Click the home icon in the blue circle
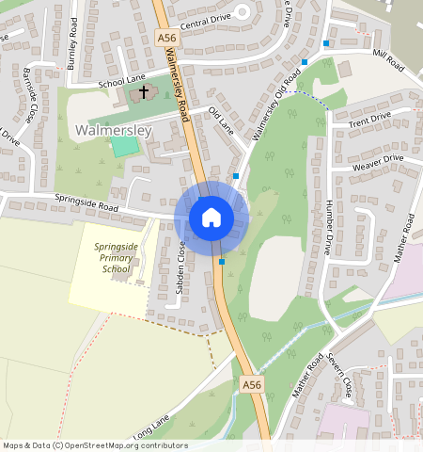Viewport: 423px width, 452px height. (211, 218)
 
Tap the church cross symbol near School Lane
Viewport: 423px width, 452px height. (144, 92)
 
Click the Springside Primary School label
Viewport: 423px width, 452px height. (116, 257)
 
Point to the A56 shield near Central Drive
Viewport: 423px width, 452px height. (167, 37)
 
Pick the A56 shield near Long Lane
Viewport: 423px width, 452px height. (250, 384)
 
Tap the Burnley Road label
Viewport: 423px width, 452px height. (70, 36)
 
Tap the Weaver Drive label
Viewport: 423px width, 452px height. (377, 162)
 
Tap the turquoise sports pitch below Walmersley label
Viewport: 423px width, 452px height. (123, 146)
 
